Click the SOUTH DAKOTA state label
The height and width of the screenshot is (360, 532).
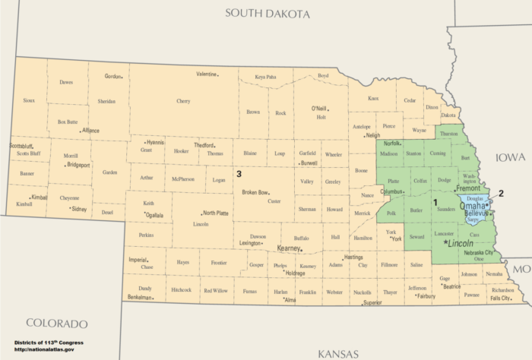pyautogui.click(x=268, y=14)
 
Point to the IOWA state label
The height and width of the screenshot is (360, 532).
pyautogui.click(x=510, y=157)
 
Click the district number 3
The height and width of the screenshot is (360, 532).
pyautogui.click(x=239, y=174)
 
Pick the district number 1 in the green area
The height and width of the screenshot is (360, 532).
pyautogui.click(x=435, y=202)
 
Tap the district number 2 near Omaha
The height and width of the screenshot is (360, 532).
pyautogui.click(x=501, y=192)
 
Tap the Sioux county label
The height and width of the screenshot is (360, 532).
pyautogui.click(x=29, y=100)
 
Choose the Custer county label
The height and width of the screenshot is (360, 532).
pyautogui.click(x=274, y=201)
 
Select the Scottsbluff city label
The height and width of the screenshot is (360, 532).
pyautogui.click(x=22, y=146)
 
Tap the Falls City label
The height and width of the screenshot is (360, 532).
pyautogui.click(x=500, y=298)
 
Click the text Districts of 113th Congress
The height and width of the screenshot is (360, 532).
pyautogui.click(x=49, y=343)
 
